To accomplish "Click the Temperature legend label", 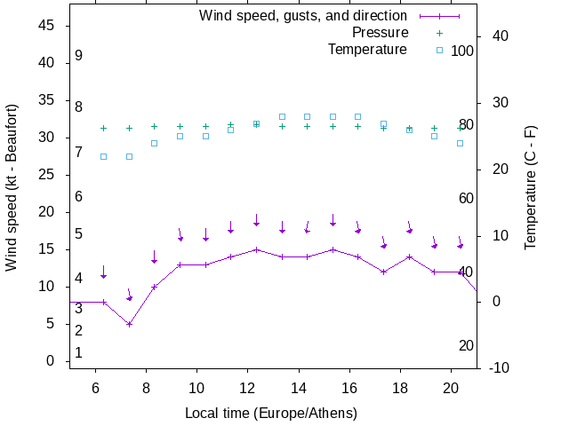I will coord(367,50).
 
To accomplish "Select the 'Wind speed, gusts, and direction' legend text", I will coord(303,16).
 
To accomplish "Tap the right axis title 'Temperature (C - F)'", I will coord(531,187).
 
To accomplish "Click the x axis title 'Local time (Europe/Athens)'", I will coord(271,414).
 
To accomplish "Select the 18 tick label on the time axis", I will coord(400,387).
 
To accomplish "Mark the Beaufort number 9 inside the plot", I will coord(79,56).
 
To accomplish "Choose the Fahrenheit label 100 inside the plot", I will coord(462,51).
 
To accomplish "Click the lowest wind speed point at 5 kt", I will coord(129,324).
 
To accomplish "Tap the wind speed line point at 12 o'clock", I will coord(256,249).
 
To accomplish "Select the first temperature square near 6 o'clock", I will coord(103,156).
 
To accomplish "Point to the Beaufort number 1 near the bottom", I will coord(79,352).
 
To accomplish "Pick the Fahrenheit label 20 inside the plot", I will coord(466,345).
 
